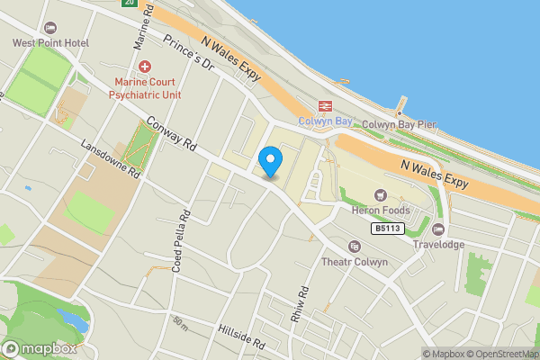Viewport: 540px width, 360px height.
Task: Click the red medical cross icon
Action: tap(145, 66)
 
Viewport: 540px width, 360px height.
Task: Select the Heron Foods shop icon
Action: tap(380, 195)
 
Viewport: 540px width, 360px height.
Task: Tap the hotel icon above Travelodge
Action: tap(438, 229)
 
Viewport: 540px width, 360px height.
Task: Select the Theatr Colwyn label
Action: tap(355, 262)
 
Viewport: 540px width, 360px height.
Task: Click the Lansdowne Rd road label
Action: tap(111, 158)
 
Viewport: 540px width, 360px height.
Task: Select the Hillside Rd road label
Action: tap(241, 337)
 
